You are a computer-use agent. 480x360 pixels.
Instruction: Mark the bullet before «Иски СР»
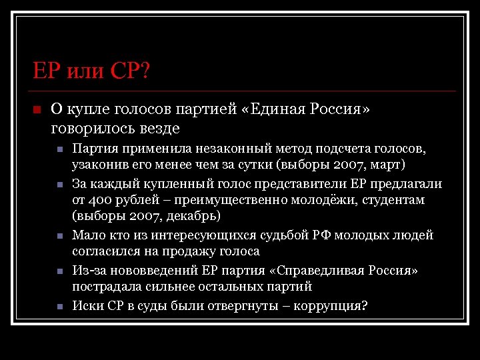[x=59, y=307]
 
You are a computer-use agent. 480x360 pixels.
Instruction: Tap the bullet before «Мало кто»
[x=59, y=236]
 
